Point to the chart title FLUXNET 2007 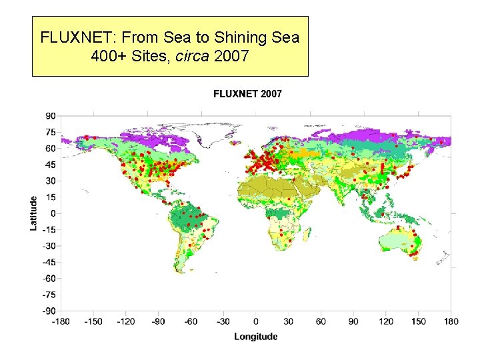pos(247,94)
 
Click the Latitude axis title pos(33,213)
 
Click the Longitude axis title pos(255,336)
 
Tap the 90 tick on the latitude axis pos(50,116)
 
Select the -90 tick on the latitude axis pos(49,311)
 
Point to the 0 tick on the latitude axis pos(53,213)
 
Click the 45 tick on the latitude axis pos(50,165)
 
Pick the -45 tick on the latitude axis pos(49,262)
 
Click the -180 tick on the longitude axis pos(61,321)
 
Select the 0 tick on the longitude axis pos(256,321)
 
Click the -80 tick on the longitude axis pos(158,321)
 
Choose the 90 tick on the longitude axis pos(353,321)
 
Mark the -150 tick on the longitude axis pos(94,321)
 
